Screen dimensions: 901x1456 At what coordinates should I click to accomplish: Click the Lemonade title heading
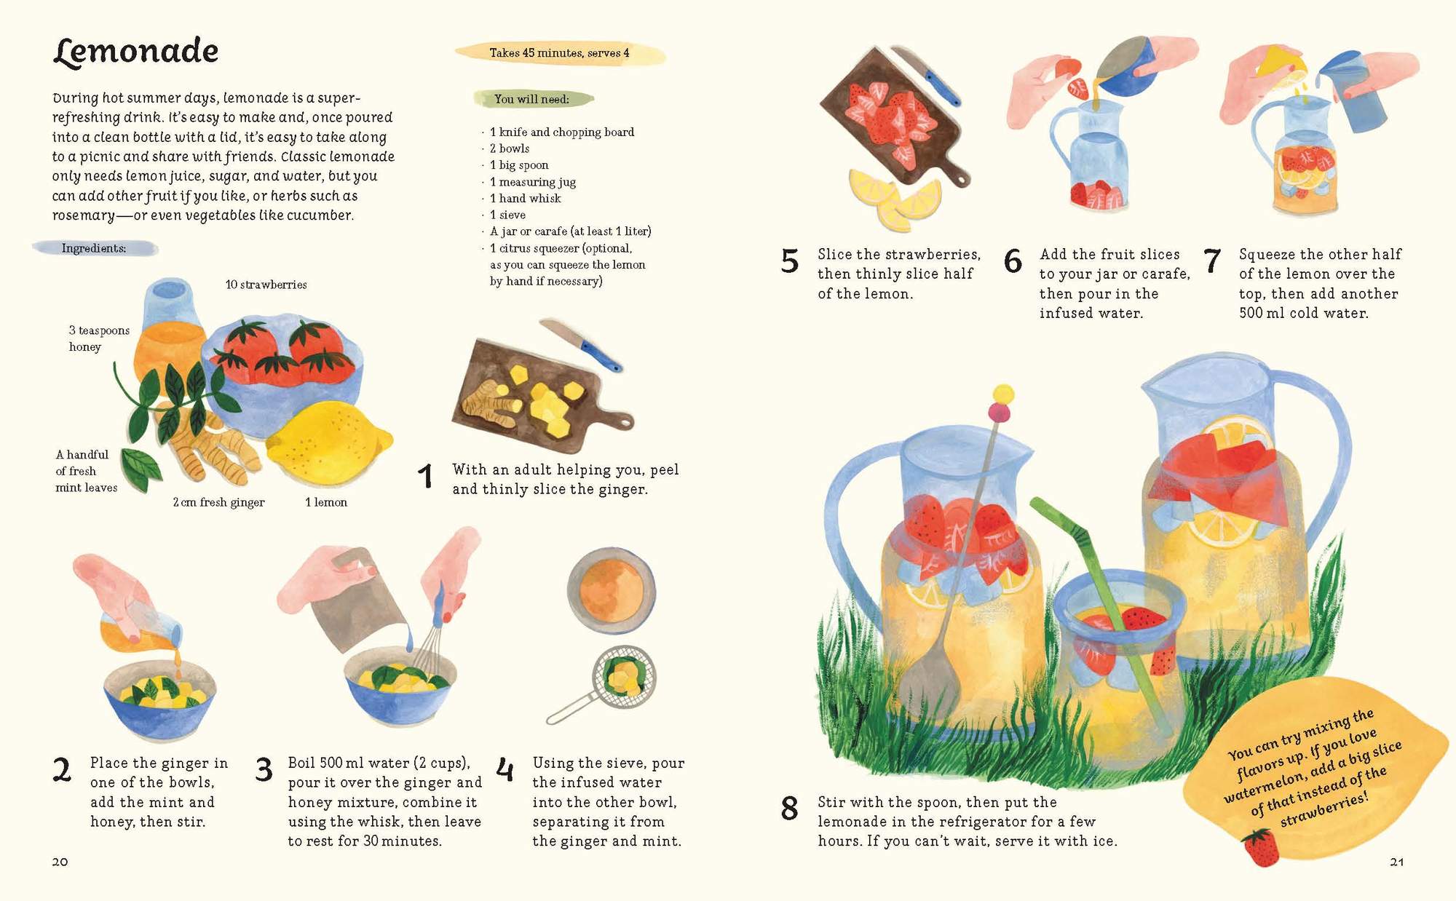tap(136, 51)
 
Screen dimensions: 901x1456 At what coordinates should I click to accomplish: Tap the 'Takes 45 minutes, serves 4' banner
tap(559, 53)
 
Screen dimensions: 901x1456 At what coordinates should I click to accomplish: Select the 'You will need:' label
tap(532, 99)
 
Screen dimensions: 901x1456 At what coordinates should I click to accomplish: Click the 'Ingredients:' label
tap(94, 248)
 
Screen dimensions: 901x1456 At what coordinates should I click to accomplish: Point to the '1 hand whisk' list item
tap(525, 198)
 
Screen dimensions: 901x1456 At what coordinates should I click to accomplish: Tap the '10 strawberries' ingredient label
tap(266, 285)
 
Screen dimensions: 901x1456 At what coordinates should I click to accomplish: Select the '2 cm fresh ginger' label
tap(218, 502)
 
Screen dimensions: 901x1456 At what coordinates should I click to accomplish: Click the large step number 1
tap(426, 477)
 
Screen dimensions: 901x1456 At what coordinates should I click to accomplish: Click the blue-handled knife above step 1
tap(582, 346)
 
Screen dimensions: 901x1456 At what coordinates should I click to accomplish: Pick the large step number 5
tap(790, 261)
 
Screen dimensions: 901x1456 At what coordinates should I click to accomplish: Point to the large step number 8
tap(790, 809)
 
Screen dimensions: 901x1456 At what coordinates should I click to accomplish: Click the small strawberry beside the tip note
tap(1260, 849)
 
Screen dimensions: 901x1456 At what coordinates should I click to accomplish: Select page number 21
tap(1396, 862)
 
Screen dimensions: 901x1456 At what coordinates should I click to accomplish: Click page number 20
tap(60, 862)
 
